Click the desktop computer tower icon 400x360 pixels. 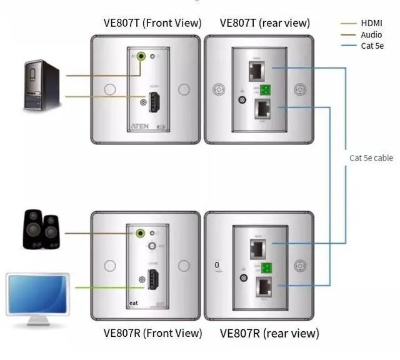coord(42,86)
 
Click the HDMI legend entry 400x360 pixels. coord(371,24)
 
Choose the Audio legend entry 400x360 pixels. coord(371,35)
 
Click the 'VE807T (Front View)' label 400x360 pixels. coord(152,23)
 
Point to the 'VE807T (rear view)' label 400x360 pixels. coord(264,23)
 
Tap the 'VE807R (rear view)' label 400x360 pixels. coord(269,332)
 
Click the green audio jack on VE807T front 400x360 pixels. coord(144,57)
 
